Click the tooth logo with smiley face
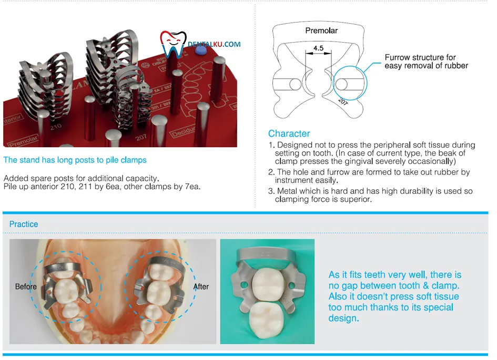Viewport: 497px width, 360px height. (173, 44)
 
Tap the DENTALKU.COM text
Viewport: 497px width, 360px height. (214, 44)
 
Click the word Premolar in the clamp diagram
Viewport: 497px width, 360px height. (321, 30)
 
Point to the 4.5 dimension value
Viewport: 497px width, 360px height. (319, 48)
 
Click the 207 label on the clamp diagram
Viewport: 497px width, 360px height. (343, 101)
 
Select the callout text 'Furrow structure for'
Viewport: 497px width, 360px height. (420, 57)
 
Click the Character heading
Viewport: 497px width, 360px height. (289, 133)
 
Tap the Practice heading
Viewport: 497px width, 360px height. (24, 224)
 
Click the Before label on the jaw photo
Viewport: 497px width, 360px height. (26, 286)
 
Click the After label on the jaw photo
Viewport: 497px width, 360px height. (201, 286)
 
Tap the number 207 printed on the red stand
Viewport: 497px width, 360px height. (141, 137)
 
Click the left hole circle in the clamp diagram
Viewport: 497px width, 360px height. (295, 85)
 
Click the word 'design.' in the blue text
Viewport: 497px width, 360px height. (343, 318)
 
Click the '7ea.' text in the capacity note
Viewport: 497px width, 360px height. (192, 187)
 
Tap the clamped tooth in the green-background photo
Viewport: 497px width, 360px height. (268, 283)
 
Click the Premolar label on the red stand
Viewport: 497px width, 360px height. (23, 141)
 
